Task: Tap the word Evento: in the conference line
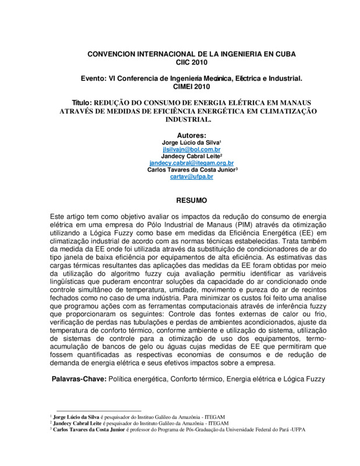94,77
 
